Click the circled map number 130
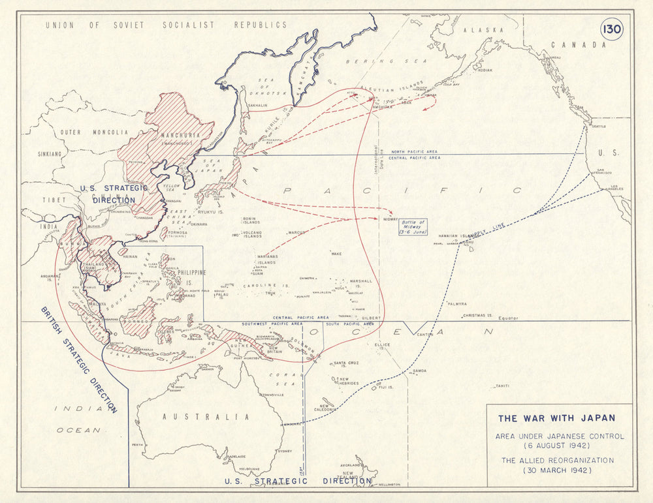point(612,29)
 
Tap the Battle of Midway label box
point(413,227)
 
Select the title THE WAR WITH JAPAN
point(556,418)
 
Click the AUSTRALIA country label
point(206,416)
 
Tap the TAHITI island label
point(502,386)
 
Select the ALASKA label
point(483,30)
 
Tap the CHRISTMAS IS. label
point(477,315)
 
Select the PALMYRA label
point(457,304)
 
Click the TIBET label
point(54,200)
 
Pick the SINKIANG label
point(50,155)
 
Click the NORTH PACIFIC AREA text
point(414,151)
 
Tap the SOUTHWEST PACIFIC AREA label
point(272,324)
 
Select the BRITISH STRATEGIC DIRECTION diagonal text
point(78,359)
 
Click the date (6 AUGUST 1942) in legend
point(560,445)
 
